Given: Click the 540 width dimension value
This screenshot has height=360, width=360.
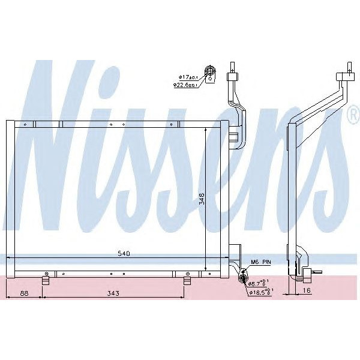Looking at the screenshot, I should pyautogui.click(x=124, y=253).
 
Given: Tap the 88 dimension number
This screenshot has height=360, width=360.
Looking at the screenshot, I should pyautogui.click(x=24, y=293).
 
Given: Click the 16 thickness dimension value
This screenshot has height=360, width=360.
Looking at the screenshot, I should pyautogui.click(x=307, y=291).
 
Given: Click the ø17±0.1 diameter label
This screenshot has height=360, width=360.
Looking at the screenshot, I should pyautogui.click(x=188, y=77).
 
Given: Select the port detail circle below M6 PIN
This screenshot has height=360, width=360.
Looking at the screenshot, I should pyautogui.click(x=243, y=277).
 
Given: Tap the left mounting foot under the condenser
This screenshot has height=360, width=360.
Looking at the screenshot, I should pyautogui.click(x=46, y=280).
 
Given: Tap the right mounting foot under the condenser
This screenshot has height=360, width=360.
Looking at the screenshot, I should pyautogui.click(x=187, y=280).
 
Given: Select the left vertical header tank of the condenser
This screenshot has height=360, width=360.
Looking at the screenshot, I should pyautogui.click(x=10, y=198).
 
